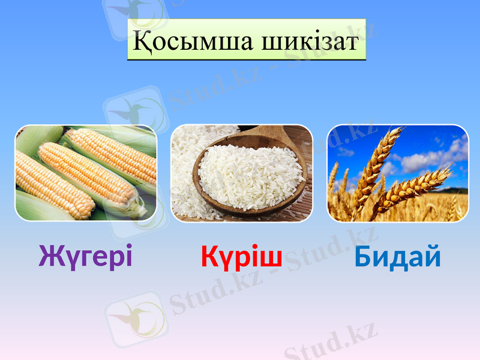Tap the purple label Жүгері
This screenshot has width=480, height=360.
(85, 257)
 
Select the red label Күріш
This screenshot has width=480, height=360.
(241, 257)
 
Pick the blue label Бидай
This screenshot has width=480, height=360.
(397, 257)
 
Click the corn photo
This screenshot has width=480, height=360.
(86, 173)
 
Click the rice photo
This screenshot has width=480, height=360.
(242, 173)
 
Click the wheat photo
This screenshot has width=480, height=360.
(398, 173)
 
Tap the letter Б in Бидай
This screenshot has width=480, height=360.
(362, 257)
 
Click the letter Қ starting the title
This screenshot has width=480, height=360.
(142, 41)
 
